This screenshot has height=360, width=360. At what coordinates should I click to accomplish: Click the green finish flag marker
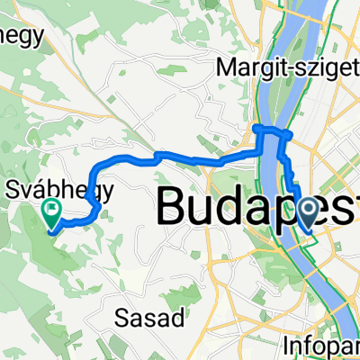[x=51, y=212]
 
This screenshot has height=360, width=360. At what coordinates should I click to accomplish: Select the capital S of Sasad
[x=123, y=317]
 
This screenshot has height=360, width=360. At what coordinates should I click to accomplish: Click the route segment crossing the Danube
[x=274, y=132]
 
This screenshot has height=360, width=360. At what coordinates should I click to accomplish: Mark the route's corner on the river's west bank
[x=260, y=130]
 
